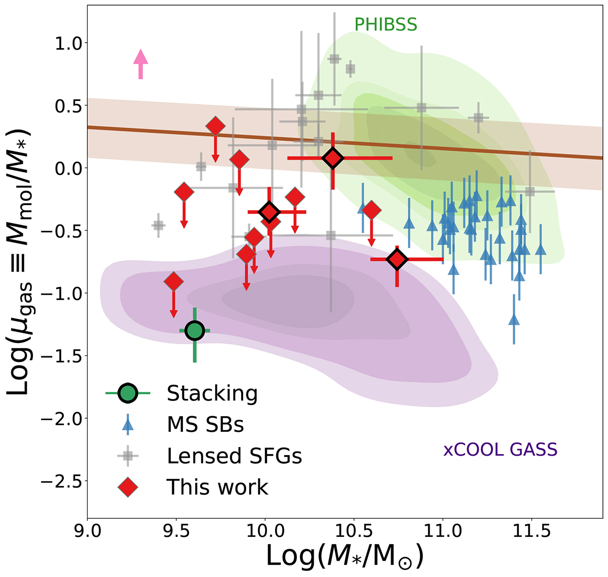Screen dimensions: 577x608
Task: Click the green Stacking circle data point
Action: tap(195, 331)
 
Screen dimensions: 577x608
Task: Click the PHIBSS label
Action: tap(386, 24)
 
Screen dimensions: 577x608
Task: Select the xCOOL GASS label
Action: tap(500, 450)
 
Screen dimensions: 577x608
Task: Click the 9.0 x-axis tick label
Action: tap(88, 532)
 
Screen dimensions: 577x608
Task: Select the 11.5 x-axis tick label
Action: tap(531, 532)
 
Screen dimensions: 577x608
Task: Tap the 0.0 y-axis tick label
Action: tap(66, 168)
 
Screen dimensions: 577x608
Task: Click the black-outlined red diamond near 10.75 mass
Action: tap(397, 259)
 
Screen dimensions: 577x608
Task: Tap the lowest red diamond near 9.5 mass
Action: tap(174, 281)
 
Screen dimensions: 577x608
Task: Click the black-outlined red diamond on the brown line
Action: tap(333, 158)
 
